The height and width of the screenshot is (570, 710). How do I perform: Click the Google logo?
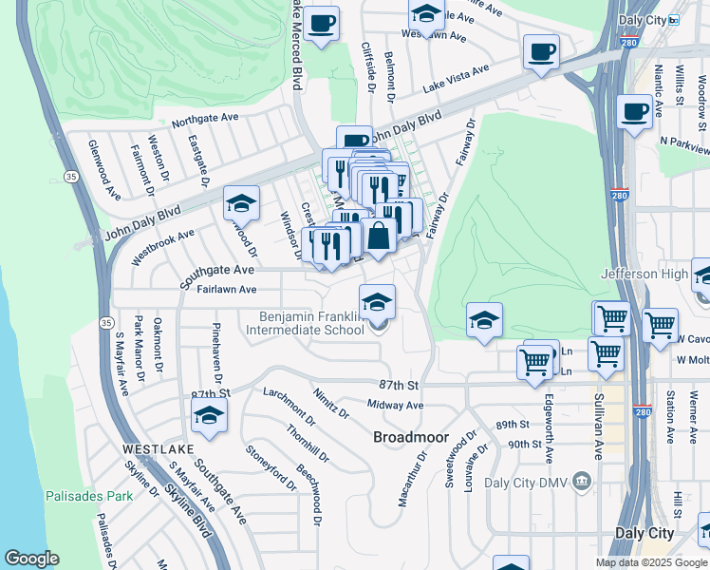31,559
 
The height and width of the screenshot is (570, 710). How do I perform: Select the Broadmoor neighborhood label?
409,437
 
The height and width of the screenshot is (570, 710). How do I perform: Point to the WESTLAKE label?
158,447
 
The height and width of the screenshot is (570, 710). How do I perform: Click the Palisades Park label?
88,496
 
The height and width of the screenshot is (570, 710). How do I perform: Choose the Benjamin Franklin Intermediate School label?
305,323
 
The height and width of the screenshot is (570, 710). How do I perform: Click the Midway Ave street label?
395,406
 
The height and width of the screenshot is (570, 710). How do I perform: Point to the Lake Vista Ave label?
457,77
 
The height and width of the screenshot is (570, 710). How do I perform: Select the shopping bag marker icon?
379,237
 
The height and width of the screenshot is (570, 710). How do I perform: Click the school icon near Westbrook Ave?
241,203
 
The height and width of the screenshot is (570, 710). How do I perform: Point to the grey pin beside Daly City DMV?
581,482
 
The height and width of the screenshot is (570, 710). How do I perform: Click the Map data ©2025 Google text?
652,562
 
